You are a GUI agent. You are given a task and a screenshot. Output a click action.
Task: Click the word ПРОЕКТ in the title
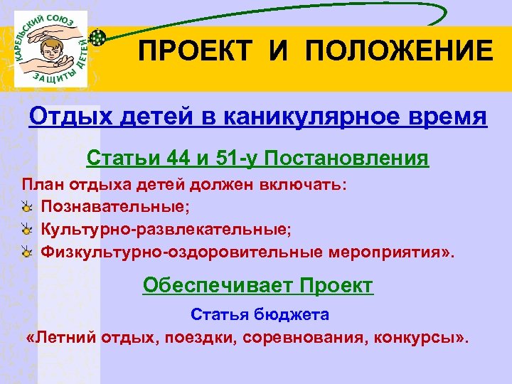point(184,52)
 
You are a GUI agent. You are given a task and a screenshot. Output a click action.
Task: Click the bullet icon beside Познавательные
point(26,207)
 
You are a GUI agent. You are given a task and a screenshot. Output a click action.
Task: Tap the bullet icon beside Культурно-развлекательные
point(26,229)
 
